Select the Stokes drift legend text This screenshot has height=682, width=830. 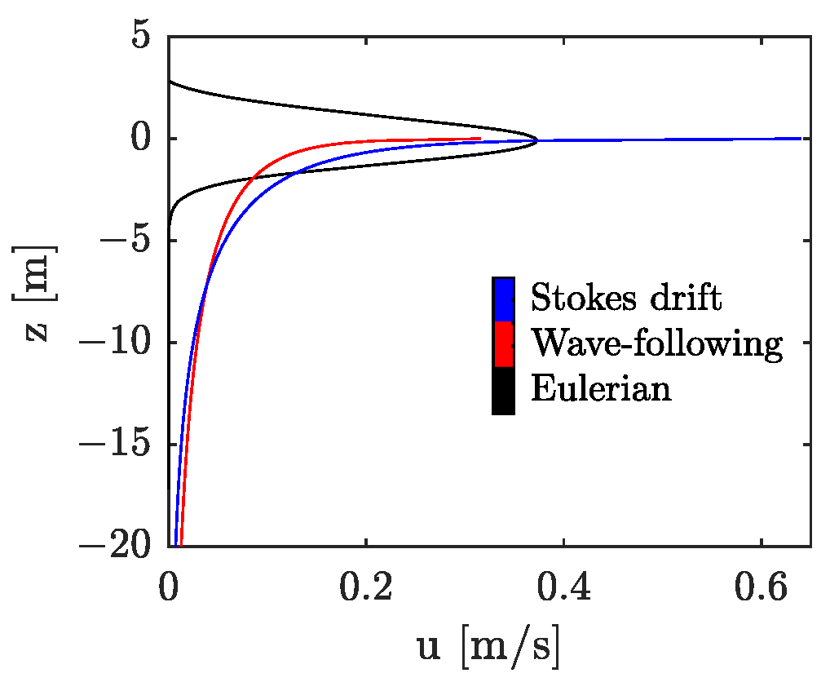click(626, 299)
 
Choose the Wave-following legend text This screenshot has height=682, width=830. click(656, 344)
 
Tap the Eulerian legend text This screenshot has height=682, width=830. click(601, 389)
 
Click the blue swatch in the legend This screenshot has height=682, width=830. click(503, 299)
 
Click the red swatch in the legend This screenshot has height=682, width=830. click(503, 345)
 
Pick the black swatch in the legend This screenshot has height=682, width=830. click(503, 391)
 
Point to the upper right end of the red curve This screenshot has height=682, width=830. click(479, 139)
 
